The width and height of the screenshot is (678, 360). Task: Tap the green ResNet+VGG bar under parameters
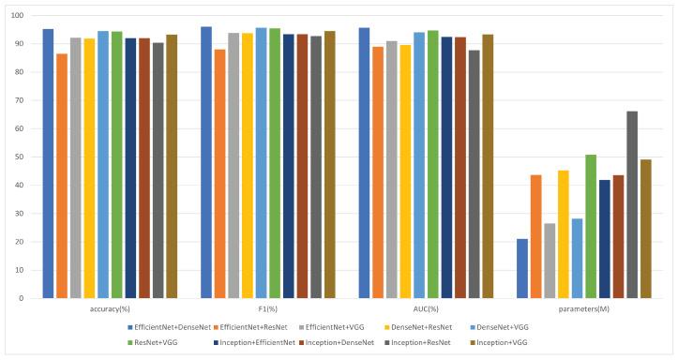[591, 226]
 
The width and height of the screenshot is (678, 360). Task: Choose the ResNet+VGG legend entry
[162, 342]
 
